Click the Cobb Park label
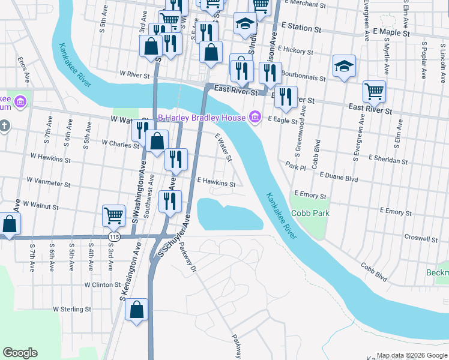310,213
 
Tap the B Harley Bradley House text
201,118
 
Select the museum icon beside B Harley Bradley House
255,116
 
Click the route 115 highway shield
113,238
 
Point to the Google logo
20,353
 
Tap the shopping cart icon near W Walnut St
113,215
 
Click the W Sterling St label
71,310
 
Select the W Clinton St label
103,284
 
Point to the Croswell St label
421,238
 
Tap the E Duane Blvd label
339,178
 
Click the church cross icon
4,126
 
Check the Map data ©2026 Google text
412,355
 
